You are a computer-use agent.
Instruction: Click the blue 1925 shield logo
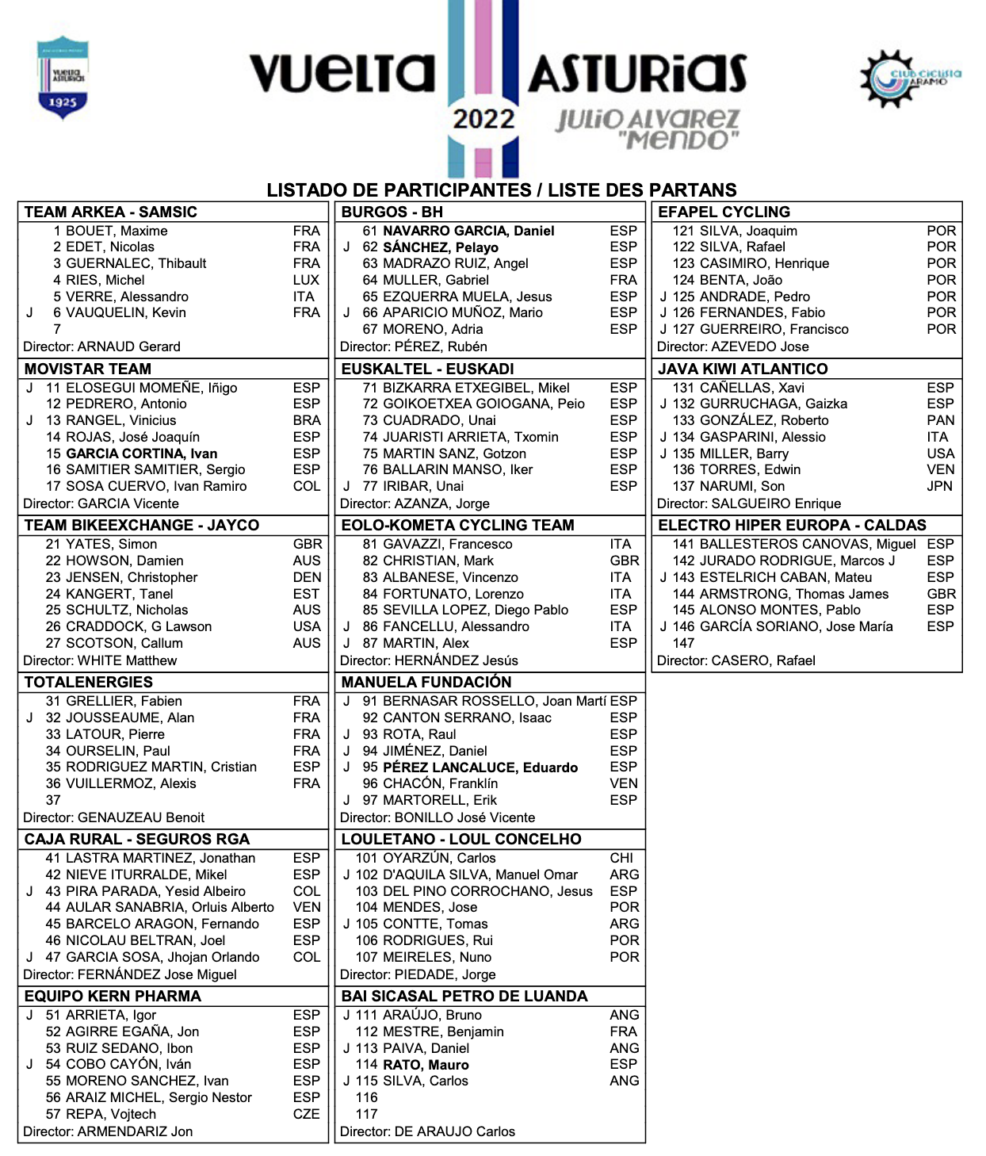(63, 77)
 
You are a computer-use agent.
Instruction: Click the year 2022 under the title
(483, 120)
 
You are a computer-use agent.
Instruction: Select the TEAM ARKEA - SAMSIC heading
(110, 212)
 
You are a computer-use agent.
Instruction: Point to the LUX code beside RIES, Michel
(306, 280)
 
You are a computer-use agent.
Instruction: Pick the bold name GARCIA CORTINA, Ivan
(141, 454)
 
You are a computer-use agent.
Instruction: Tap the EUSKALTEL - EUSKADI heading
(427, 369)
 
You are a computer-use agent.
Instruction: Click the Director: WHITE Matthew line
(100, 660)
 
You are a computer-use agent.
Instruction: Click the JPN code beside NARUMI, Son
(939, 486)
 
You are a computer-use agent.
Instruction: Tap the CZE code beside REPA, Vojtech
(306, 1114)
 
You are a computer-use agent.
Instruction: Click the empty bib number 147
(683, 643)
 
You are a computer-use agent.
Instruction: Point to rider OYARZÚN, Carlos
(438, 858)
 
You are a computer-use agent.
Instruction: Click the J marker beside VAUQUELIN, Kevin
(29, 312)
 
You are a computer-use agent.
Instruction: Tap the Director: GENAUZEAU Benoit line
(113, 817)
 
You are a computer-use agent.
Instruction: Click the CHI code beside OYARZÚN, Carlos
(621, 858)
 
